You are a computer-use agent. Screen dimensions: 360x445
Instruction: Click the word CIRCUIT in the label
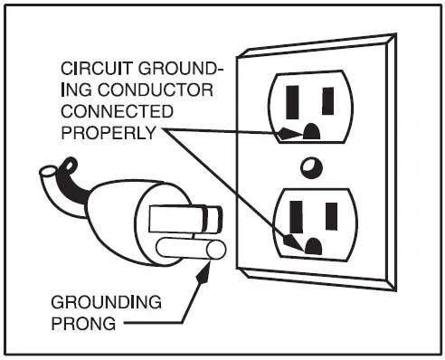[x=87, y=70]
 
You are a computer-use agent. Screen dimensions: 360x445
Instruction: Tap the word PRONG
[x=84, y=323]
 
